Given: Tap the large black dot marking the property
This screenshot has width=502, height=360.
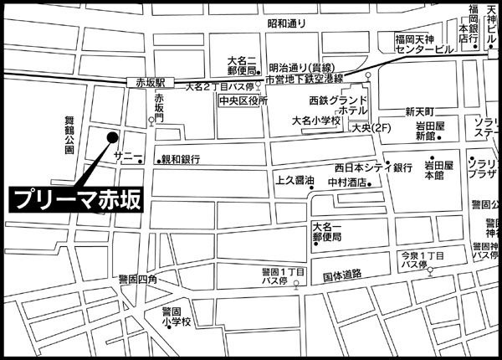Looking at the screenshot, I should pyautogui.click(x=112, y=136).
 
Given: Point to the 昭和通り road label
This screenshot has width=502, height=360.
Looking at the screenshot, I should pyautogui.click(x=287, y=25).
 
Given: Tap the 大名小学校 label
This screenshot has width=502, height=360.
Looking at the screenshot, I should pyautogui.click(x=315, y=121).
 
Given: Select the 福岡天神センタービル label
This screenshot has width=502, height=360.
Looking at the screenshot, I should pyautogui.click(x=425, y=44).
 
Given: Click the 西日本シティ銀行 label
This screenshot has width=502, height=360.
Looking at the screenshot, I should pyautogui.click(x=373, y=167).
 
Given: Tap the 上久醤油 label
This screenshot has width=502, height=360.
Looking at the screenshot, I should pyautogui.click(x=294, y=180).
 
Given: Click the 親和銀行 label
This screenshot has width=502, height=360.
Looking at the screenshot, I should pyautogui.click(x=181, y=158).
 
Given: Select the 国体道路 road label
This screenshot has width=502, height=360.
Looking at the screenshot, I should pyautogui.click(x=341, y=274).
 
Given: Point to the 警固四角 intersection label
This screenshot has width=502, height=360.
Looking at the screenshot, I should pyautogui.click(x=137, y=280).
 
